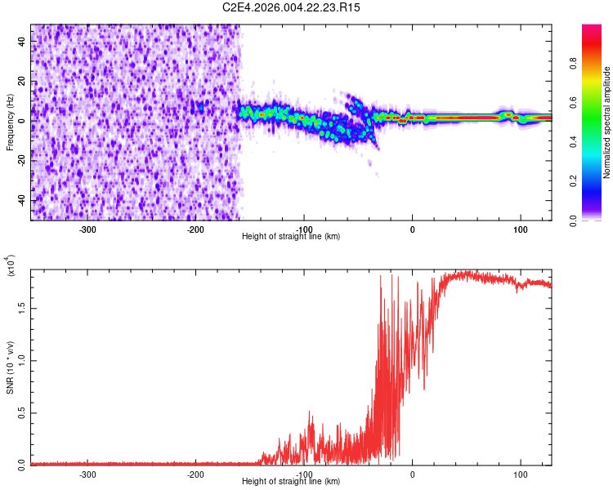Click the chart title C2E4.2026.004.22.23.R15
292,7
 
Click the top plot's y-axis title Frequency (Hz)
11,122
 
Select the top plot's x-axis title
291,236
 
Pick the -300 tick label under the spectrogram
87,229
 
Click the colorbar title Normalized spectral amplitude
607,123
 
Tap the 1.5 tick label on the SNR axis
20,308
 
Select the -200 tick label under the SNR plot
195,474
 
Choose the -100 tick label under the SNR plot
304,474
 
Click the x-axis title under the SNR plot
291,482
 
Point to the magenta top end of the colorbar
593,28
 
